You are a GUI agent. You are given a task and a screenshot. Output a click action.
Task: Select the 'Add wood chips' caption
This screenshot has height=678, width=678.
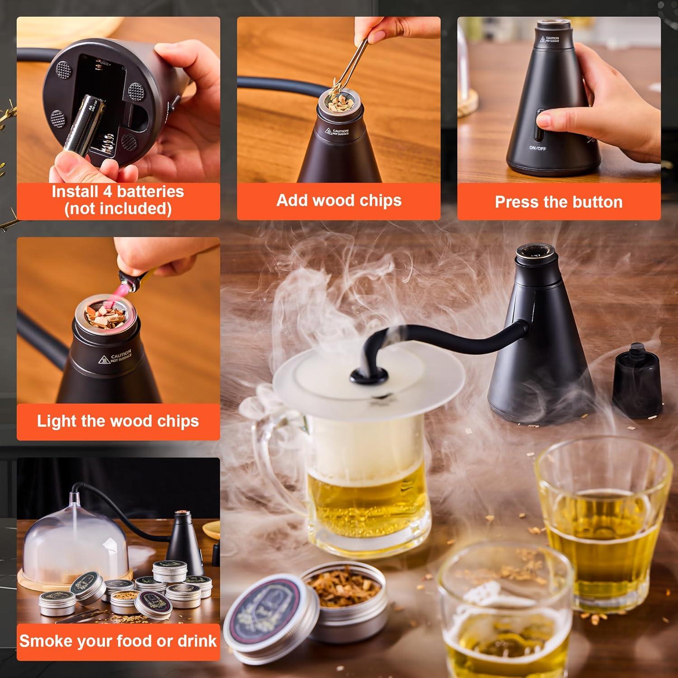point(339,200)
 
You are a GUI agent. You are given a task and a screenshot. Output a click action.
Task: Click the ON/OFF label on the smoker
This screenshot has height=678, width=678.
point(537,148)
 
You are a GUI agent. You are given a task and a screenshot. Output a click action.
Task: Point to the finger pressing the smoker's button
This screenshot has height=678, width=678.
point(549,120)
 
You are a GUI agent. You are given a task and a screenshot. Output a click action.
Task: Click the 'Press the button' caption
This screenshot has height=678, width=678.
point(558,202)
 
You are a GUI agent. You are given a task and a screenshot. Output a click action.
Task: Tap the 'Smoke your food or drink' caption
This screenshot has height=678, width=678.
point(118,641)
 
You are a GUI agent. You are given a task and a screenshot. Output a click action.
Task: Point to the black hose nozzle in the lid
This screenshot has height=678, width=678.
point(368,374)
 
